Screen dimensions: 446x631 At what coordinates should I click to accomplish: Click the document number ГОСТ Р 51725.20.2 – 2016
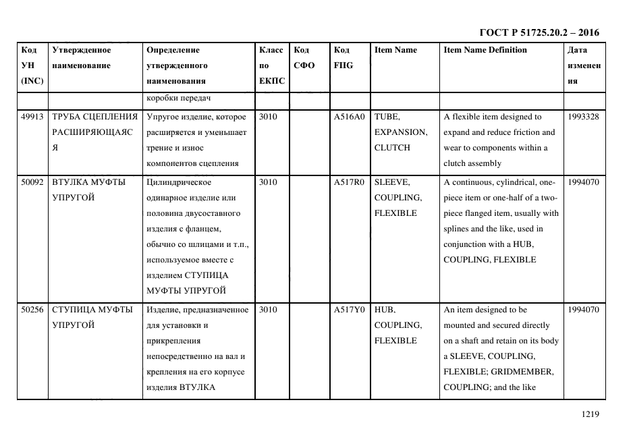coord(539,32)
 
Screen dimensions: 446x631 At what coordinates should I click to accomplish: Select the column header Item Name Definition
coord(485,50)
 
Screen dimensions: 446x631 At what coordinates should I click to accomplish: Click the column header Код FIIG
coord(342,57)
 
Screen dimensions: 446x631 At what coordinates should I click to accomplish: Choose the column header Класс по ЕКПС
coord(271,65)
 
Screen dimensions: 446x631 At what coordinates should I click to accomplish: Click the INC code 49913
coord(32,117)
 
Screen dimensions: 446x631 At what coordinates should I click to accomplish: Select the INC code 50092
coord(32,182)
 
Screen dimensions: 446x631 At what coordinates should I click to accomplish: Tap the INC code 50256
coord(32,310)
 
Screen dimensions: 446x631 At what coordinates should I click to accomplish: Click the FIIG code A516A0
coord(349,117)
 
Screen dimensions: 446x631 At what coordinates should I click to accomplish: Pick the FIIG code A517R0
coord(349,182)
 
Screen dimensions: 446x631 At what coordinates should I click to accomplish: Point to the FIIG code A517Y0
coord(349,310)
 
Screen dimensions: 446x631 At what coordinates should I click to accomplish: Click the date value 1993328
coord(584,117)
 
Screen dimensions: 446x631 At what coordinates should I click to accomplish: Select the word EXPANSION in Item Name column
coord(400,132)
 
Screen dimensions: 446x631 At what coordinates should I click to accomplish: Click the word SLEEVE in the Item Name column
coord(391,182)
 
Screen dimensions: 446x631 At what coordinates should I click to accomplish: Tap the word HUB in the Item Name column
coord(384,310)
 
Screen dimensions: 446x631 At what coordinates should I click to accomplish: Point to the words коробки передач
coord(179,99)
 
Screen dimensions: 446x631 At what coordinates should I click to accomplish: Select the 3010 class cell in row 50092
coord(268,182)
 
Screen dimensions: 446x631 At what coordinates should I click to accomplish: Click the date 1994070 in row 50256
coord(584,310)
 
